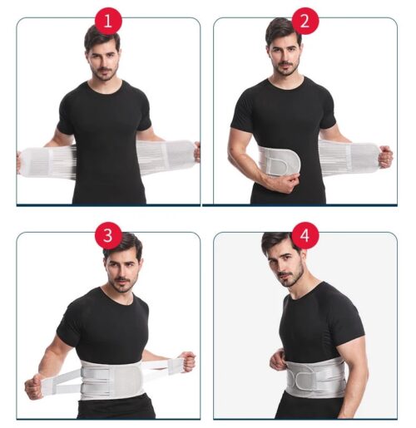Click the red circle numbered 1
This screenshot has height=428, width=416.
(x=108, y=21)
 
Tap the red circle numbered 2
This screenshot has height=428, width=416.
(x=305, y=21)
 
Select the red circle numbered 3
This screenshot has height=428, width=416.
(x=108, y=236)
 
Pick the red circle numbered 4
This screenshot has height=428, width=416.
(x=305, y=236)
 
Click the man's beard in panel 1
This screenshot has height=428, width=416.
(x=105, y=72)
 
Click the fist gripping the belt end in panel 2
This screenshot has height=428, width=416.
(x=385, y=157)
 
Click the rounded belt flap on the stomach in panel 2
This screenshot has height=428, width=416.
(x=281, y=161)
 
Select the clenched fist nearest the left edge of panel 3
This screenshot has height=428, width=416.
(x=34, y=386)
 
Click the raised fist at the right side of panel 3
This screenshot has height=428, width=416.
(x=186, y=362)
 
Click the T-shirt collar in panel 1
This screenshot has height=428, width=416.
(x=105, y=88)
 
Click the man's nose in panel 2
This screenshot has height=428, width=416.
(x=285, y=57)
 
